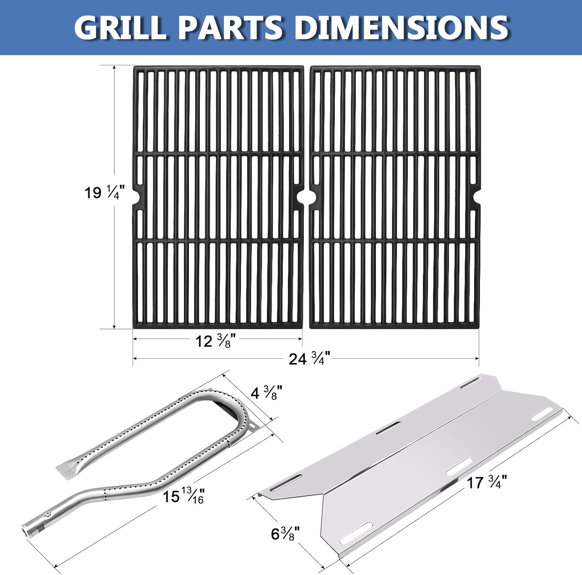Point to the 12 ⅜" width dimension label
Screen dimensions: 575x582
point(215,341)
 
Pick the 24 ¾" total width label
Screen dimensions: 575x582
point(309,359)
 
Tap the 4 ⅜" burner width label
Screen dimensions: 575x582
point(266,393)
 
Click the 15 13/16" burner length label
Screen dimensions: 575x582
point(183,496)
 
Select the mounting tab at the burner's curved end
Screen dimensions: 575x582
point(252,427)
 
